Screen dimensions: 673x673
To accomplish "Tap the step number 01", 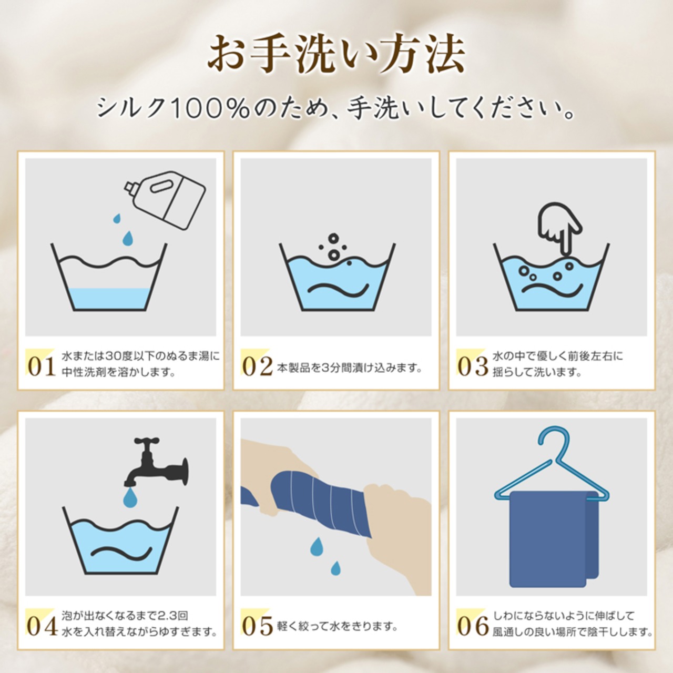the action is click(42, 366).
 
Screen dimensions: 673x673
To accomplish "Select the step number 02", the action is click(258, 366).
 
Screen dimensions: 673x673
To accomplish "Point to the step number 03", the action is click(473, 366).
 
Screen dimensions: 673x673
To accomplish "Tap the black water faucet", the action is click(156, 462).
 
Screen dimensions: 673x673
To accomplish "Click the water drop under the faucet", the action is click(130, 498).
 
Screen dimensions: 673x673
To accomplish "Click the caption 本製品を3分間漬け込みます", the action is click(349, 368).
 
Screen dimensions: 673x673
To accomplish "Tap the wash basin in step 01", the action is click(109, 277).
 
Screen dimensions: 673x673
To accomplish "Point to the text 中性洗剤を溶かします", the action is click(118, 372).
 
